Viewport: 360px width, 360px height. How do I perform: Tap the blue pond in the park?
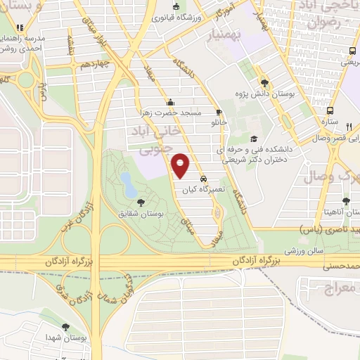point(129,184)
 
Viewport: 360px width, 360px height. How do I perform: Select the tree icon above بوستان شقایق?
point(141,202)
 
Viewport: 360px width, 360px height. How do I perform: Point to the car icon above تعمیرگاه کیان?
point(204,179)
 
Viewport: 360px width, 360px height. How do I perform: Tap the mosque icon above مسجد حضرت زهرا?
point(169,102)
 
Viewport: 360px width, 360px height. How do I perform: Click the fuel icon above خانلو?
point(219,112)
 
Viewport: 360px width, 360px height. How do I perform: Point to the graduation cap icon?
point(254,139)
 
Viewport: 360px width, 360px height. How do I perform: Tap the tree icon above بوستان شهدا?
point(65,328)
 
